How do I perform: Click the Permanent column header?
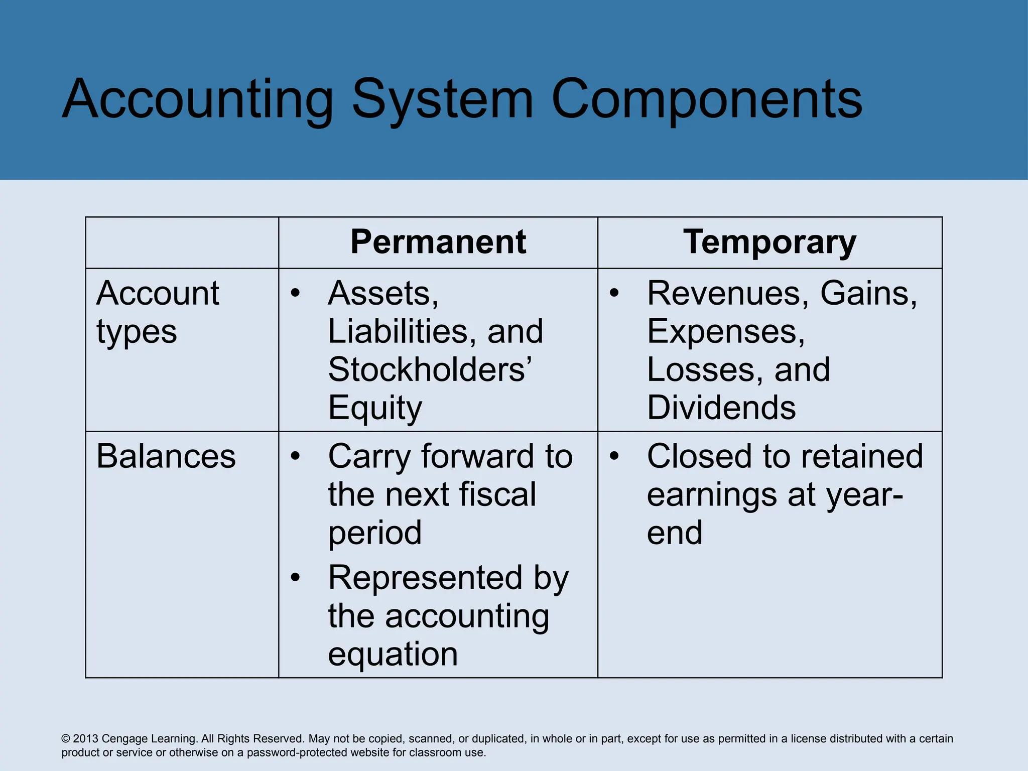(x=438, y=242)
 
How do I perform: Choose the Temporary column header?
(x=769, y=242)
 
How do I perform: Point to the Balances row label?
(x=166, y=456)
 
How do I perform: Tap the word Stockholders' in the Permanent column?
(x=430, y=369)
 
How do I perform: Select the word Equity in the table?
(x=375, y=408)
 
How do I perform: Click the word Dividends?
(x=721, y=407)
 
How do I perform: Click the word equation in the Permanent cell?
(x=393, y=654)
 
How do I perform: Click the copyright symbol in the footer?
(x=66, y=739)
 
